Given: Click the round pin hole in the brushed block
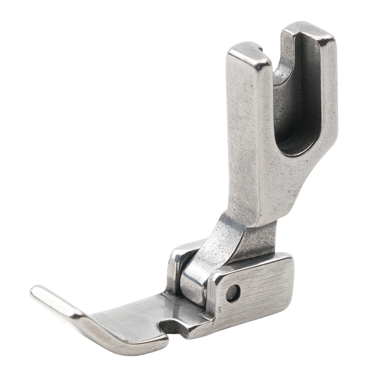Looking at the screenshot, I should tap(233, 293).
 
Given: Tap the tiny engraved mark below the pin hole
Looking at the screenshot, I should tap(222, 310).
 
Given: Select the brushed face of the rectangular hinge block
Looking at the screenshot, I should tap(258, 292).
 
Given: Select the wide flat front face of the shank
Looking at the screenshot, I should tap(248, 143).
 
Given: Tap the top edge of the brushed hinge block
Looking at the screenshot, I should tap(251, 263).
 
